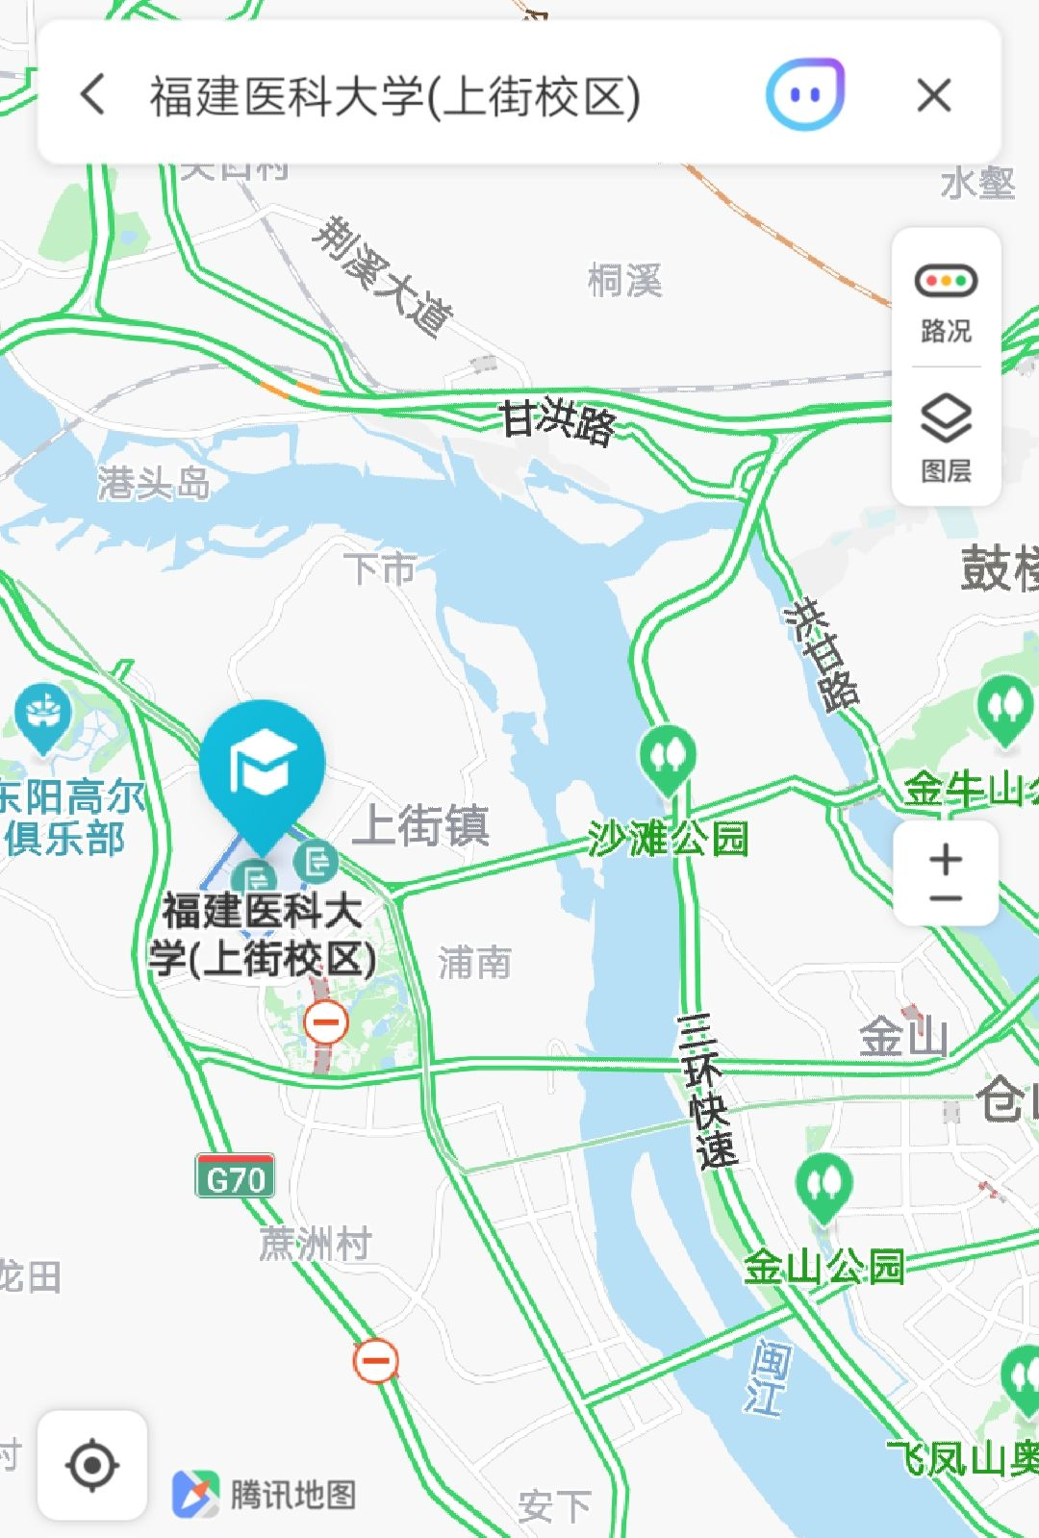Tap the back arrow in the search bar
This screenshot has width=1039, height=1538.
93,95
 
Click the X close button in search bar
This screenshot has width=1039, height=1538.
933,95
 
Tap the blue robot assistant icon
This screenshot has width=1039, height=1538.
805,94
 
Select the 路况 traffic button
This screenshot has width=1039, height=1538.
946,301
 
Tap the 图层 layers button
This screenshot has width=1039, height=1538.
946,438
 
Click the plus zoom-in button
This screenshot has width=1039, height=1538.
946,858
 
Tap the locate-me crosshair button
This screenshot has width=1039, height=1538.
92,1465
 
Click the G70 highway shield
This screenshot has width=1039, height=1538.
236,1176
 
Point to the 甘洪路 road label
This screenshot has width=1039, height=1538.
558,421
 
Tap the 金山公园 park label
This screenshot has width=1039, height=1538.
824,1267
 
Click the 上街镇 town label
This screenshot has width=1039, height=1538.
421,825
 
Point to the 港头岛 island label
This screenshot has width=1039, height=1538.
154,483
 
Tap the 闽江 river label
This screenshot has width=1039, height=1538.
769,1377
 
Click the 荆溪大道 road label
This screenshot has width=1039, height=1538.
385,276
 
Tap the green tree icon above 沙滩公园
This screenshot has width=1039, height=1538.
668,757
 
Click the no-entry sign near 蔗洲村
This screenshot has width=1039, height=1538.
375,1360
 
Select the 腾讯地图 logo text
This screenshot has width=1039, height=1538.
293,1494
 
